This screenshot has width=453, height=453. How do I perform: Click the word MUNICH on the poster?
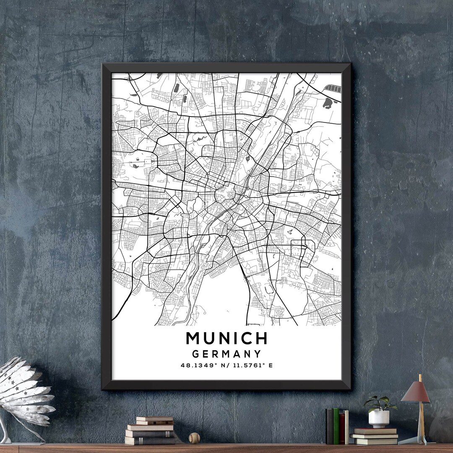226,338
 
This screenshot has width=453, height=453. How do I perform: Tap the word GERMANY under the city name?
226,354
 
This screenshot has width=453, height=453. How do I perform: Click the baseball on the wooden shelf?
194,438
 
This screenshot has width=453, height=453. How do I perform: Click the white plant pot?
379,419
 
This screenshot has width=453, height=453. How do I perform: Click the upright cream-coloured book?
346,427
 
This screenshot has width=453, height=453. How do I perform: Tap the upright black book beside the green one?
330,426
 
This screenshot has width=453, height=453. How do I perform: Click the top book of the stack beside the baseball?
154,419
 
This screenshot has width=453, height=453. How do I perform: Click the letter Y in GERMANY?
257,354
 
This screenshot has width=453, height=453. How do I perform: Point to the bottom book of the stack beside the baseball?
150,440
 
